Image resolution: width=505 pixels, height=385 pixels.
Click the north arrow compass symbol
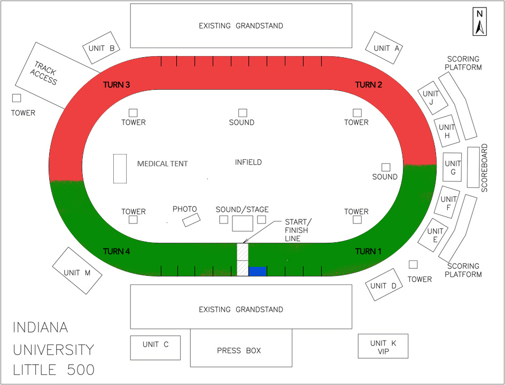(480, 22)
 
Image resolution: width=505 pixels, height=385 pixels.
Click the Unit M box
(78, 271)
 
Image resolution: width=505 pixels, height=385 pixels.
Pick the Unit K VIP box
(383, 346)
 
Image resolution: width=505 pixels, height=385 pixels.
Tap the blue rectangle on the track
(258, 272)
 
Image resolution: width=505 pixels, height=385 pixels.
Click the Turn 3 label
(116, 85)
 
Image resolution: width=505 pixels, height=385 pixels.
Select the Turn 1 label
(369, 251)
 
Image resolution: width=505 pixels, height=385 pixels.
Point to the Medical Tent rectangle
(120, 168)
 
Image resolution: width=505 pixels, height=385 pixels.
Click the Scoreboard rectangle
(473, 167)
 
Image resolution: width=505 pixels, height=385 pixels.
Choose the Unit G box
(452, 167)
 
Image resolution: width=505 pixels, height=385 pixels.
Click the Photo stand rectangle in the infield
(191, 219)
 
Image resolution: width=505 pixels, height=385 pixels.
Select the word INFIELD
(248, 162)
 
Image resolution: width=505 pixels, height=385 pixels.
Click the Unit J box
(433, 98)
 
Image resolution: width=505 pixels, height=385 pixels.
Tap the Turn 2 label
(369, 85)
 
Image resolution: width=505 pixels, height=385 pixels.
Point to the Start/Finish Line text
(297, 230)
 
